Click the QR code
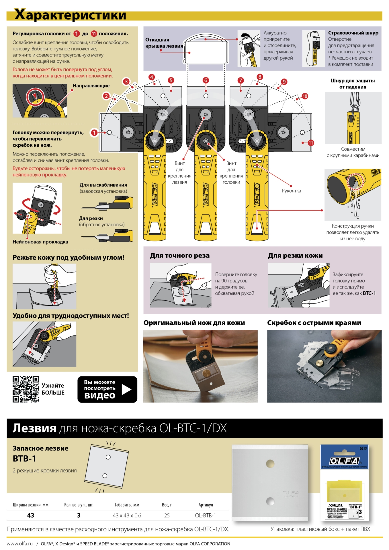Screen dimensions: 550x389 pyautogui.click(x=26, y=389)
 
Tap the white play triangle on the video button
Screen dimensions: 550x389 pyautogui.click(x=126, y=389)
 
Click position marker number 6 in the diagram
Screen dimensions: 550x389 pyautogui.click(x=206, y=80)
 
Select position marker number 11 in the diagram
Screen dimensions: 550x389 pyautogui.click(x=311, y=143)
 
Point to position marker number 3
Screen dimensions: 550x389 pyautogui.click(x=126, y=81)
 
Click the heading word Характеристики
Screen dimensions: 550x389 pyautogui.click(x=70, y=15)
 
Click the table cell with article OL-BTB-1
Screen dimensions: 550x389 pyautogui.click(x=205, y=515)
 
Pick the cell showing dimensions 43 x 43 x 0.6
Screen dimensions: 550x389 pyautogui.click(x=127, y=515)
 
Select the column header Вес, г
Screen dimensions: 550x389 pyautogui.click(x=167, y=505)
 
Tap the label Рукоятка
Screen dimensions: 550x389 pyautogui.click(x=291, y=191)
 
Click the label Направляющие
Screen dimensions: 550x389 pyautogui.click(x=91, y=86)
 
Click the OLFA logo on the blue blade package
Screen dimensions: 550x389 pyautogui.click(x=344, y=461)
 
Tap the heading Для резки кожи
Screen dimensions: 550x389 pyautogui.click(x=295, y=256)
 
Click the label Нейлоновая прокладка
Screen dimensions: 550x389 pyautogui.click(x=40, y=242)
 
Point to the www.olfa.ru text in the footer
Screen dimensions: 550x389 pyautogui.click(x=19, y=543)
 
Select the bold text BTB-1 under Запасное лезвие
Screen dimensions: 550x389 pyautogui.click(x=24, y=459)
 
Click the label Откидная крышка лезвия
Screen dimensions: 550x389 pyautogui.click(x=164, y=43)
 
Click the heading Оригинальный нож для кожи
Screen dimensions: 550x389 pyautogui.click(x=194, y=323)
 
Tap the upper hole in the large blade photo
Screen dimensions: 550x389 pyautogui.click(x=270, y=463)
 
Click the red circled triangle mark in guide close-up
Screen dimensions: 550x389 pyautogui.click(x=35, y=96)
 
